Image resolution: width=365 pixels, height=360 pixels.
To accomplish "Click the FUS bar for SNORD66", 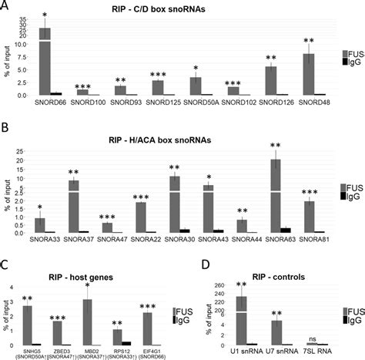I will [x=45, y=61].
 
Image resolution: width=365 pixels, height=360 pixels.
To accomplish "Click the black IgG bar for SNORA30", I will [x=185, y=230].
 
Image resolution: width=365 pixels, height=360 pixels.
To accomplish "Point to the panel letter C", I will [x=5, y=264].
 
